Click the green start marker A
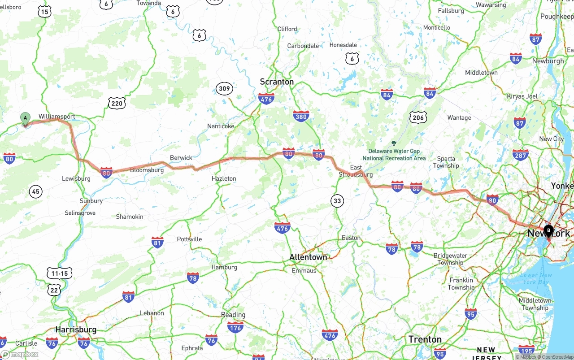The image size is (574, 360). point(26,118)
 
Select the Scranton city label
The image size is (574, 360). point(277,82)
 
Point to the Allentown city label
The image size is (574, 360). point(308,257)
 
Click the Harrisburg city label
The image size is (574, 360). point(76,330)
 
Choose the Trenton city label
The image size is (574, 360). point(425,339)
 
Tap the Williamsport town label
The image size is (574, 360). point(57,117)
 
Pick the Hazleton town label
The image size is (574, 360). point(224,178)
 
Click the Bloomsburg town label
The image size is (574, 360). point(147,170)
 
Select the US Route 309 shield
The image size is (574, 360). point(224,88)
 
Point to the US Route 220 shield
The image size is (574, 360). point(117,104)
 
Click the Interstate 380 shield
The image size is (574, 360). point(301,117)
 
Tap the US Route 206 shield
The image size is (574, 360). point(417,117)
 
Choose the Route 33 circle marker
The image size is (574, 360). point(337,201)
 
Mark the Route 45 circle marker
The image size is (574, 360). point(36,192)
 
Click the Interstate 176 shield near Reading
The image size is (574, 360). point(235,328)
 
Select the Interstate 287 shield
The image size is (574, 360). point(520,155)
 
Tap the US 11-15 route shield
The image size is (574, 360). point(60,273)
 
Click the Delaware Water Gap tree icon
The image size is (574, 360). point(394,143)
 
